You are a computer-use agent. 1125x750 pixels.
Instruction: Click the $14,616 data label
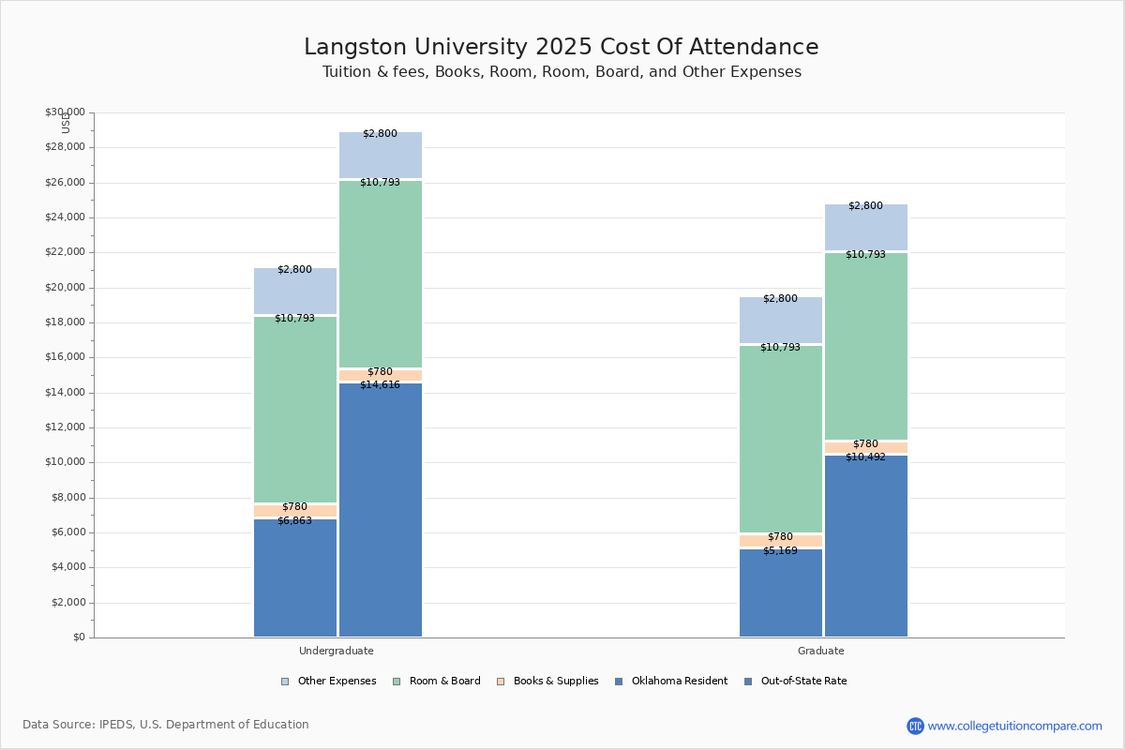tap(380, 384)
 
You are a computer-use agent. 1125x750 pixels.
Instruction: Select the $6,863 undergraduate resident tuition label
tap(294, 520)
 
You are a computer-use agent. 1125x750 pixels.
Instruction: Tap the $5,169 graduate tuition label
tap(780, 550)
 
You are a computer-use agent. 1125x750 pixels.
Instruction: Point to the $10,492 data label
tap(865, 457)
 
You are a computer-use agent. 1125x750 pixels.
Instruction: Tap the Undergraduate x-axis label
tap(336, 651)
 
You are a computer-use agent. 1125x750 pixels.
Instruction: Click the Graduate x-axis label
tap(820, 651)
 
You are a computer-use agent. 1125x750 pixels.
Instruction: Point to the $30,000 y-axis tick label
tap(65, 112)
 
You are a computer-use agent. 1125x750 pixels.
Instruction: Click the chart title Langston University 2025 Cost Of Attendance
tap(561, 48)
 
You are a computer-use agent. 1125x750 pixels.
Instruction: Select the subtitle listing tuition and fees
tap(562, 72)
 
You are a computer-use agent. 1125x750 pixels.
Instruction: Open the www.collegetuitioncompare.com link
tap(1014, 726)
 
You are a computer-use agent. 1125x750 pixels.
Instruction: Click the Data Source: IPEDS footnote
tap(166, 725)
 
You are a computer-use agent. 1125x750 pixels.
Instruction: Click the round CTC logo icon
tap(915, 726)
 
